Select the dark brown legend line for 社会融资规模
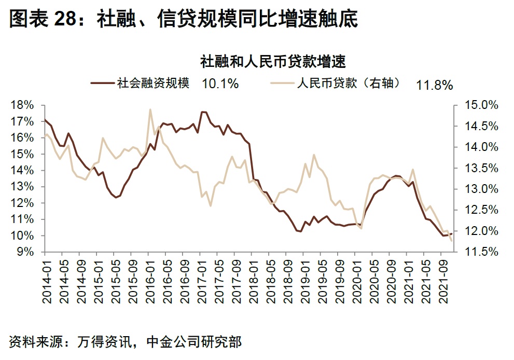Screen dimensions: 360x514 click(103, 82)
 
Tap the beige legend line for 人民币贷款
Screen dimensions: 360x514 click(283, 82)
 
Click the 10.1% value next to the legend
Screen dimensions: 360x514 click(220, 83)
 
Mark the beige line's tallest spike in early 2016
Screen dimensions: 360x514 click(150, 109)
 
